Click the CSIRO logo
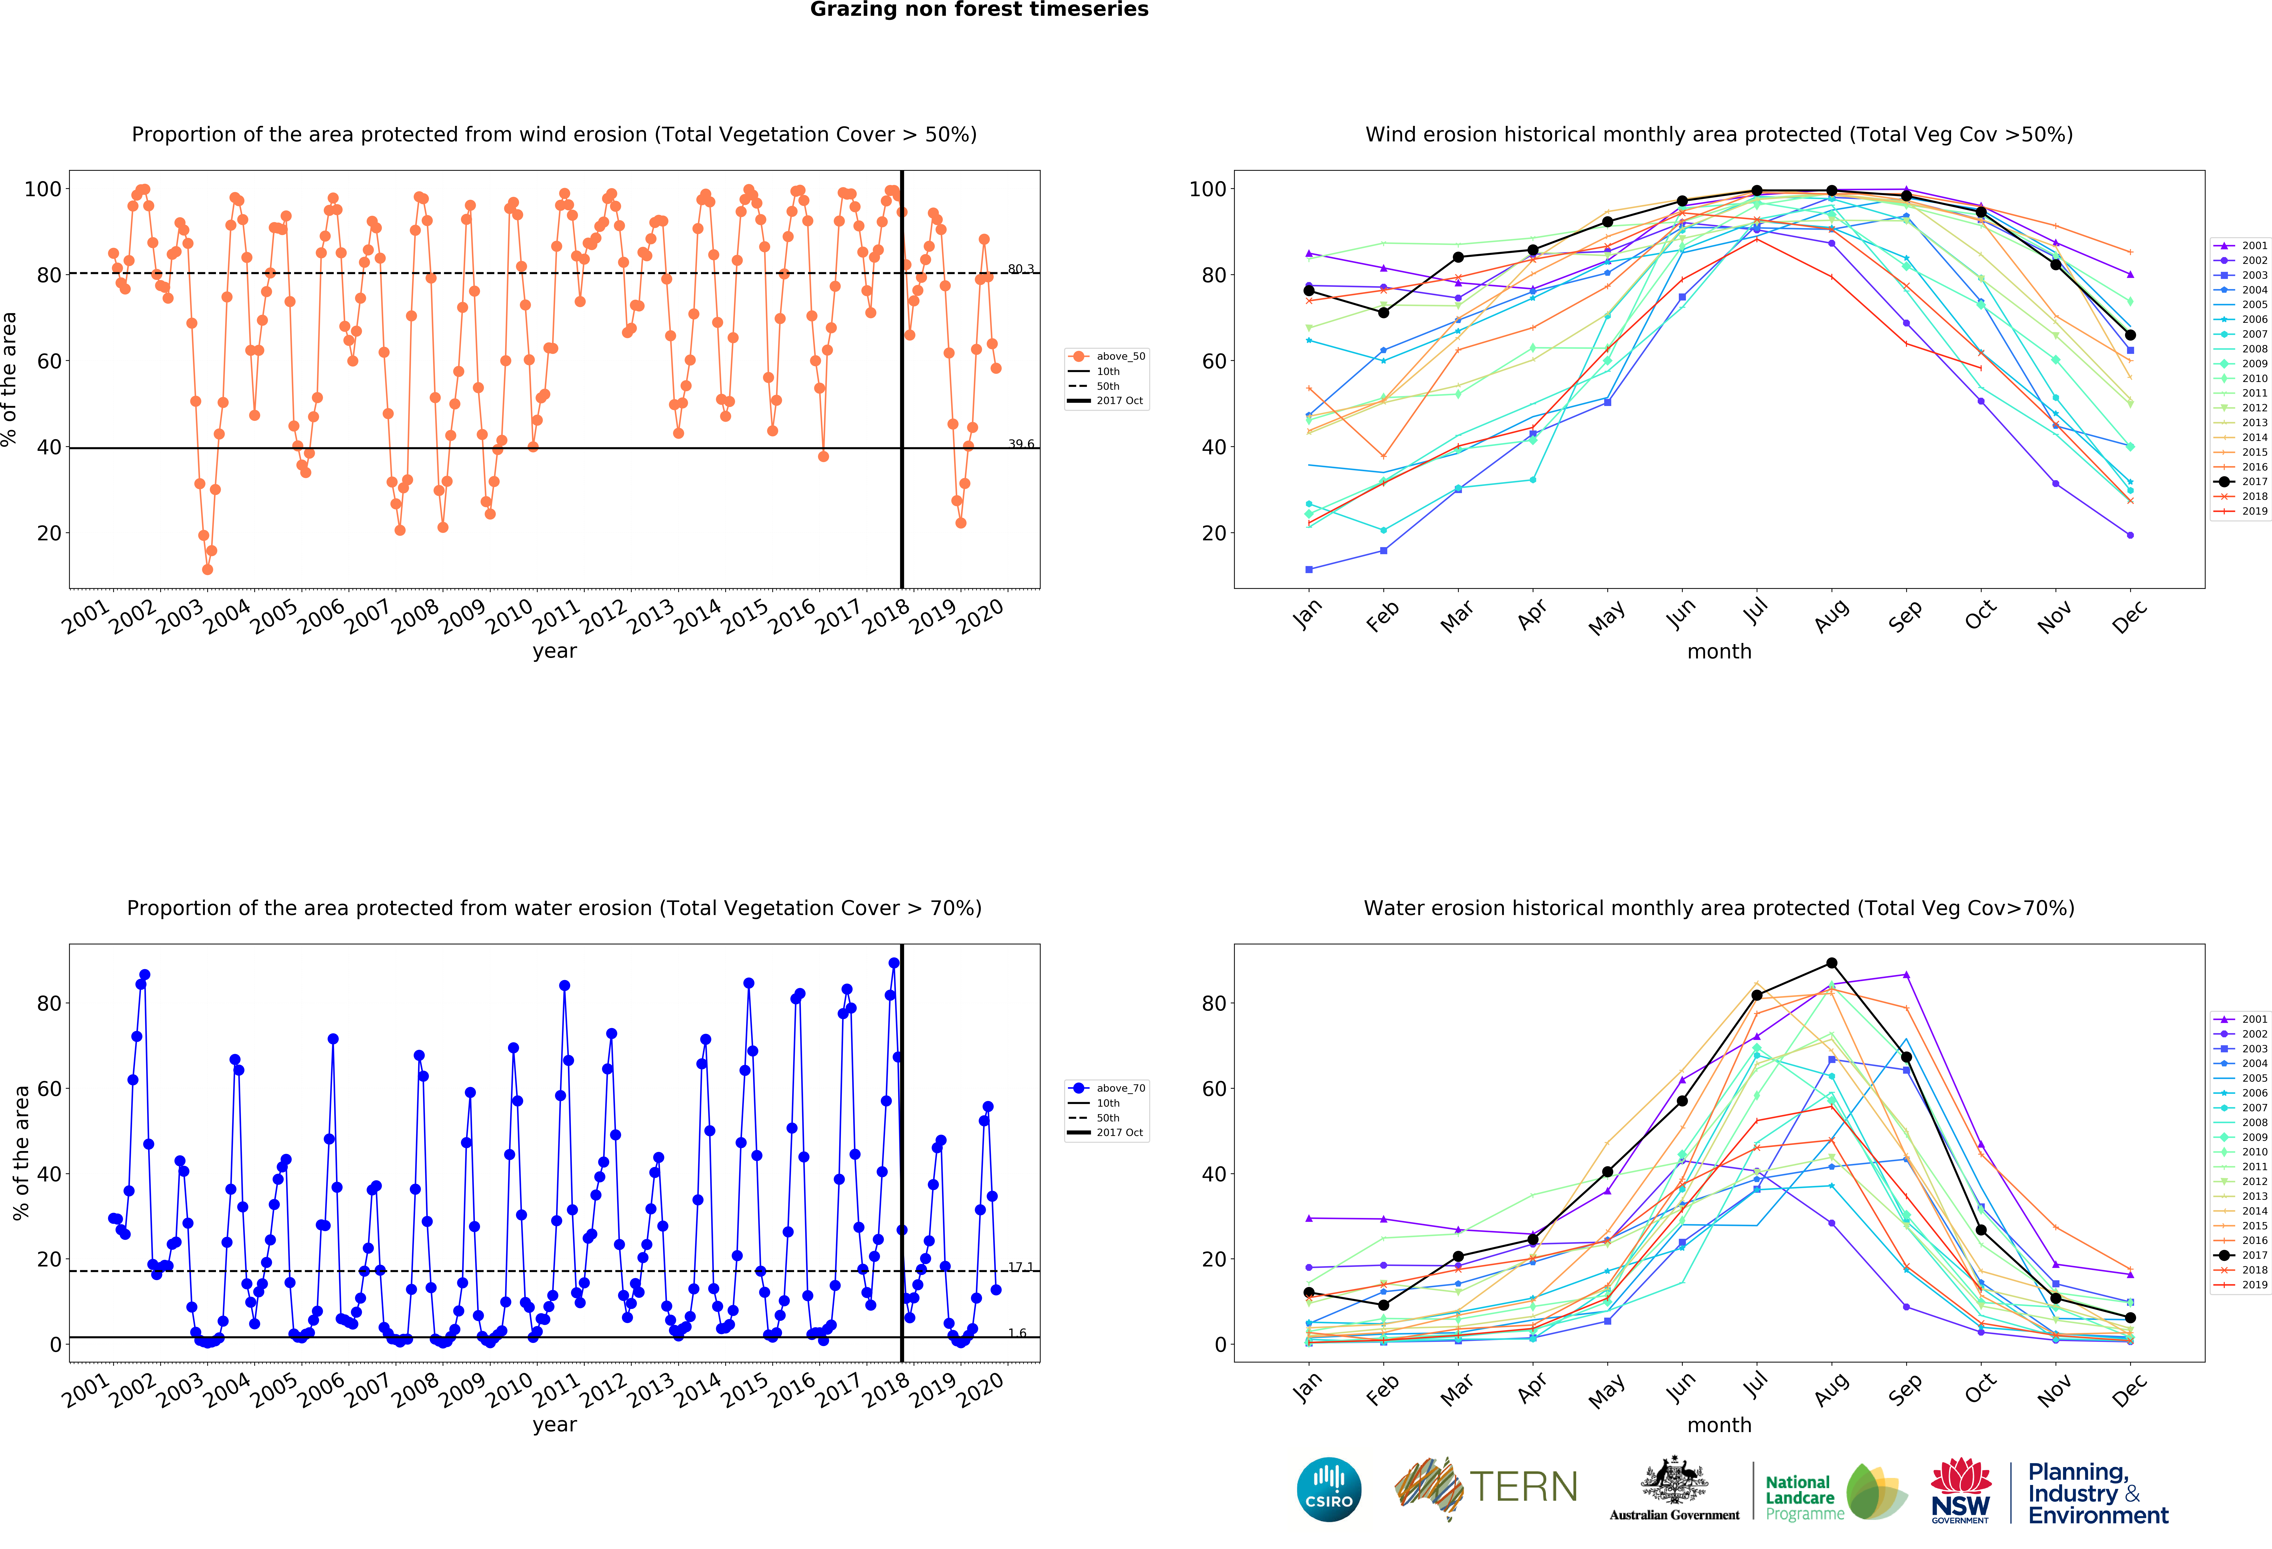pyautogui.click(x=1329, y=1489)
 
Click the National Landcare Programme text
pyautogui.click(x=1804, y=1497)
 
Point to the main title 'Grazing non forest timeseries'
pyautogui.click(x=979, y=10)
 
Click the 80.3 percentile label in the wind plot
pyautogui.click(x=1021, y=269)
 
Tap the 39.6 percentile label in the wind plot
pyautogui.click(x=1021, y=444)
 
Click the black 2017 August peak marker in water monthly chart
pyautogui.click(x=1831, y=963)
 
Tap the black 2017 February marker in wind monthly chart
pyautogui.click(x=1383, y=313)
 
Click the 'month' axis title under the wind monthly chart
pyautogui.click(x=1719, y=651)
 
